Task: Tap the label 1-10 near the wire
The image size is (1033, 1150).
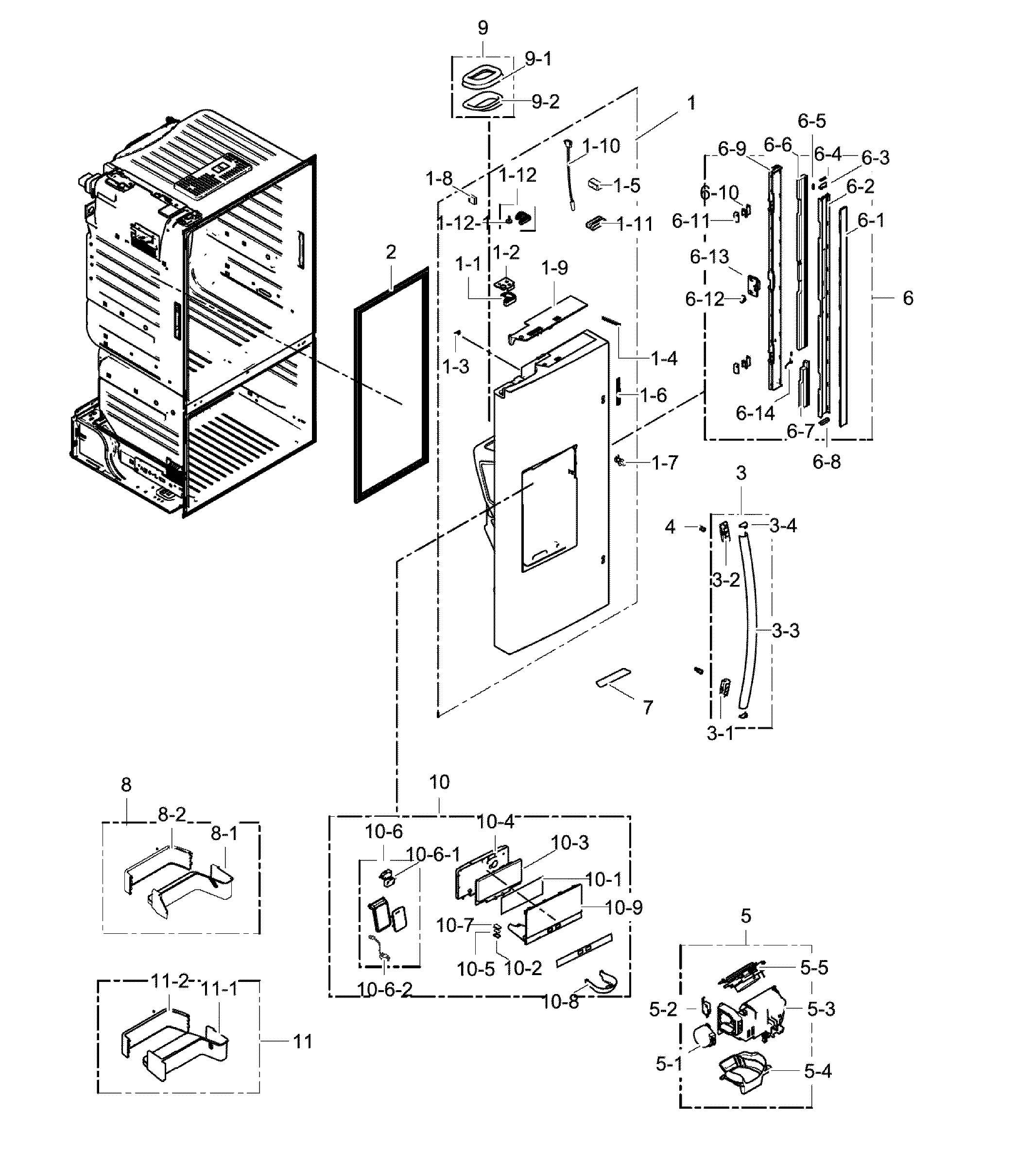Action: pyautogui.click(x=601, y=146)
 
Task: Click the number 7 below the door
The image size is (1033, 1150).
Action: pyautogui.click(x=648, y=707)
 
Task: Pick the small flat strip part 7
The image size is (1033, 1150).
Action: pyautogui.click(x=613, y=678)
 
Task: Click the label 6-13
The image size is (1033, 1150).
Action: pyautogui.click(x=709, y=257)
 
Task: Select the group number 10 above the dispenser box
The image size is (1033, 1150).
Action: pyautogui.click(x=439, y=782)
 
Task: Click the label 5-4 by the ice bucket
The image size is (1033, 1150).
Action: pyautogui.click(x=817, y=1072)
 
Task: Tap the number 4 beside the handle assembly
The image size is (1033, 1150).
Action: pyautogui.click(x=671, y=527)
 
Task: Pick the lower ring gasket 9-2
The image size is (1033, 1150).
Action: pyautogui.click(x=482, y=104)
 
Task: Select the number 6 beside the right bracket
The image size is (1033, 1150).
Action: pyautogui.click(x=908, y=298)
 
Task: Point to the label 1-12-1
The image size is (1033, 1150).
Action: pyautogui.click(x=464, y=223)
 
